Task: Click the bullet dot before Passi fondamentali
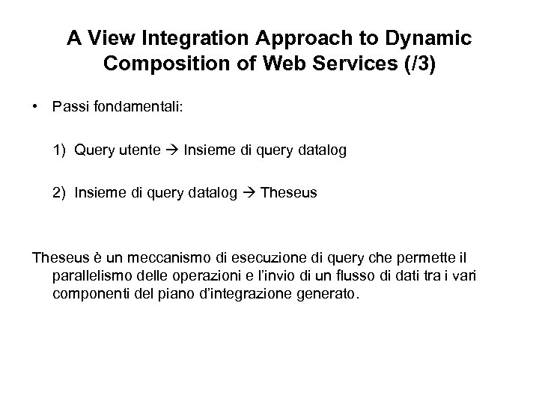36,108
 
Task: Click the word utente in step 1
138,150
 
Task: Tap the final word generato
330,294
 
